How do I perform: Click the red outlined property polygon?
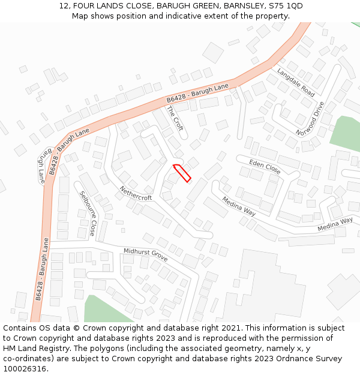click(x=182, y=172)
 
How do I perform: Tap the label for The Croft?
click(x=175, y=119)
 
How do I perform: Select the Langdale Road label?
click(x=296, y=83)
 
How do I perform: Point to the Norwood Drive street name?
click(x=310, y=118)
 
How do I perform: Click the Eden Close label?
click(x=265, y=166)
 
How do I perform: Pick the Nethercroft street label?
click(x=136, y=193)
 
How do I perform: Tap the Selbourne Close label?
click(x=88, y=213)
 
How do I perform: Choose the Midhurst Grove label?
click(x=145, y=255)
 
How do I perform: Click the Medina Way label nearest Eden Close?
click(x=239, y=206)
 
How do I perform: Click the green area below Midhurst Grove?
click(x=99, y=309)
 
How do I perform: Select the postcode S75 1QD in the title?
click(x=286, y=6)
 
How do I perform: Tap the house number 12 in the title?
click(x=64, y=6)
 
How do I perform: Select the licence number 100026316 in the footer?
click(x=25, y=369)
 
